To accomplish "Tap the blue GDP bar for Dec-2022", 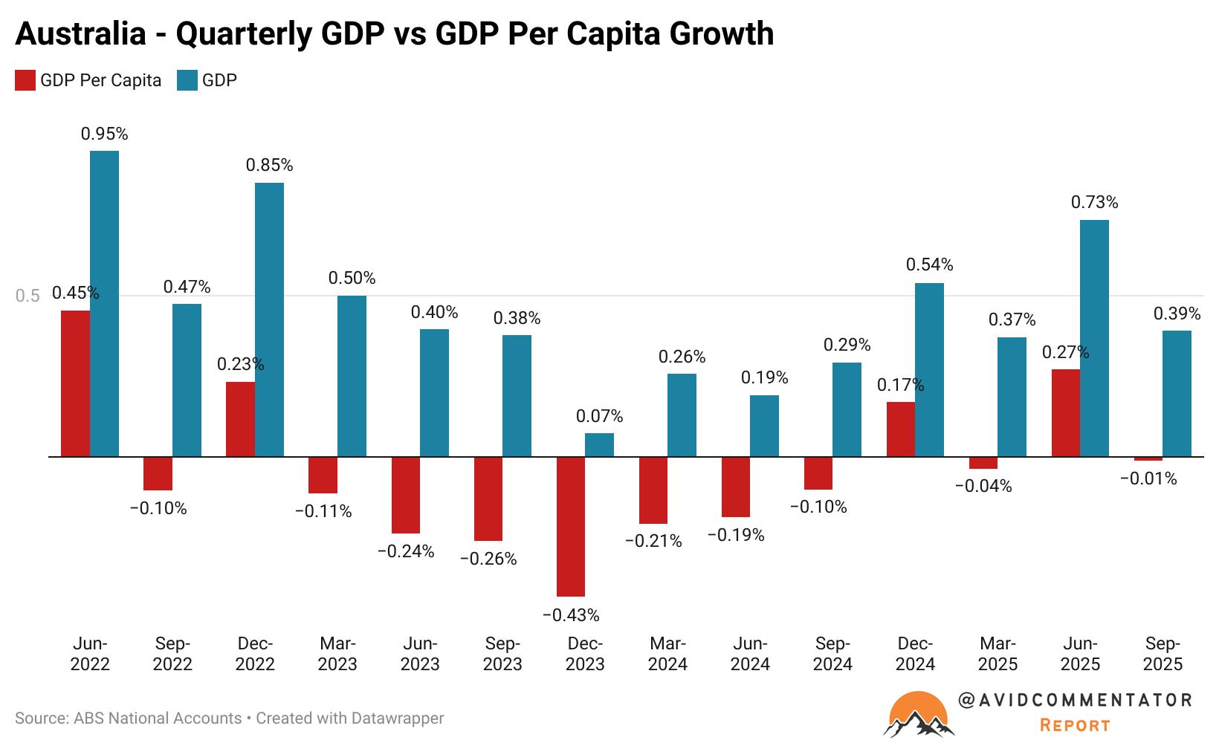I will click(269, 319).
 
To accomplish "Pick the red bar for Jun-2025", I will click(1066, 412).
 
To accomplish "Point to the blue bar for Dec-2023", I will click(599, 444).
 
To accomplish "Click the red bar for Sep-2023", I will click(488, 499).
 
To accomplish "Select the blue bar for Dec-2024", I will click(929, 369).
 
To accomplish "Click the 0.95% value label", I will click(104, 134).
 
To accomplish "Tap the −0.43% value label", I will click(571, 615).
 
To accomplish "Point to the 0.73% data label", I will click(1094, 202).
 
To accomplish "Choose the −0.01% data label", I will click(1148, 478).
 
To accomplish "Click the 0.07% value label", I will click(599, 416).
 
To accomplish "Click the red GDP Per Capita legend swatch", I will click(25, 80).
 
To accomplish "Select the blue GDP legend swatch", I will click(187, 80).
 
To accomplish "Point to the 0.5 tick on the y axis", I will click(28, 296).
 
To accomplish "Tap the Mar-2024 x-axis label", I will click(667, 654).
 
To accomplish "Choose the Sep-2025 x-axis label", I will click(1163, 654).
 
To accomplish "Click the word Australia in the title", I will click(80, 34).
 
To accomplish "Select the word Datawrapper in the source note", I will click(397, 718).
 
